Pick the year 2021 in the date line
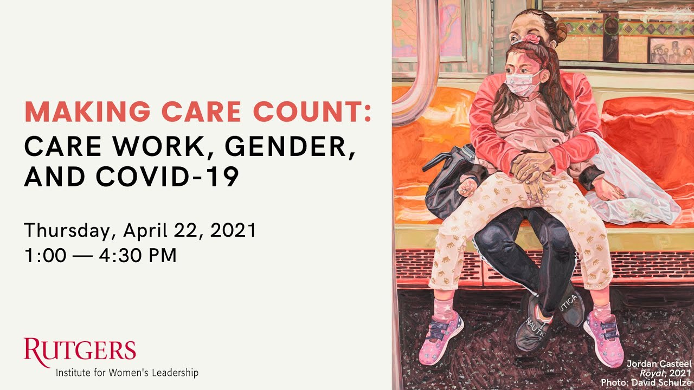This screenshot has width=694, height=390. click(233, 231)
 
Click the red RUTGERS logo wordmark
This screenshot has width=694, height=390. click(80, 350)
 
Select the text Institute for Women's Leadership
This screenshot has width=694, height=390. click(127, 373)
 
